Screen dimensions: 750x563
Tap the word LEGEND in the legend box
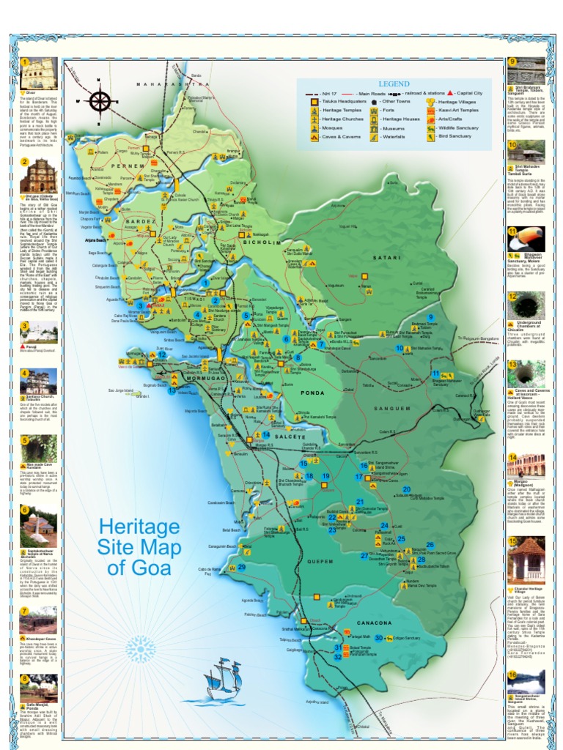click(394, 84)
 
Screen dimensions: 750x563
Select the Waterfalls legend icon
click(374, 136)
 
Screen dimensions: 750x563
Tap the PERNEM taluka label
click(125, 167)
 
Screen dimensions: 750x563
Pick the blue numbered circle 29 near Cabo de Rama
click(241, 567)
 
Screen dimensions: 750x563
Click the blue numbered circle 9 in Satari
click(431, 317)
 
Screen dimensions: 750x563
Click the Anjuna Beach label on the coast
click(97, 240)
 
